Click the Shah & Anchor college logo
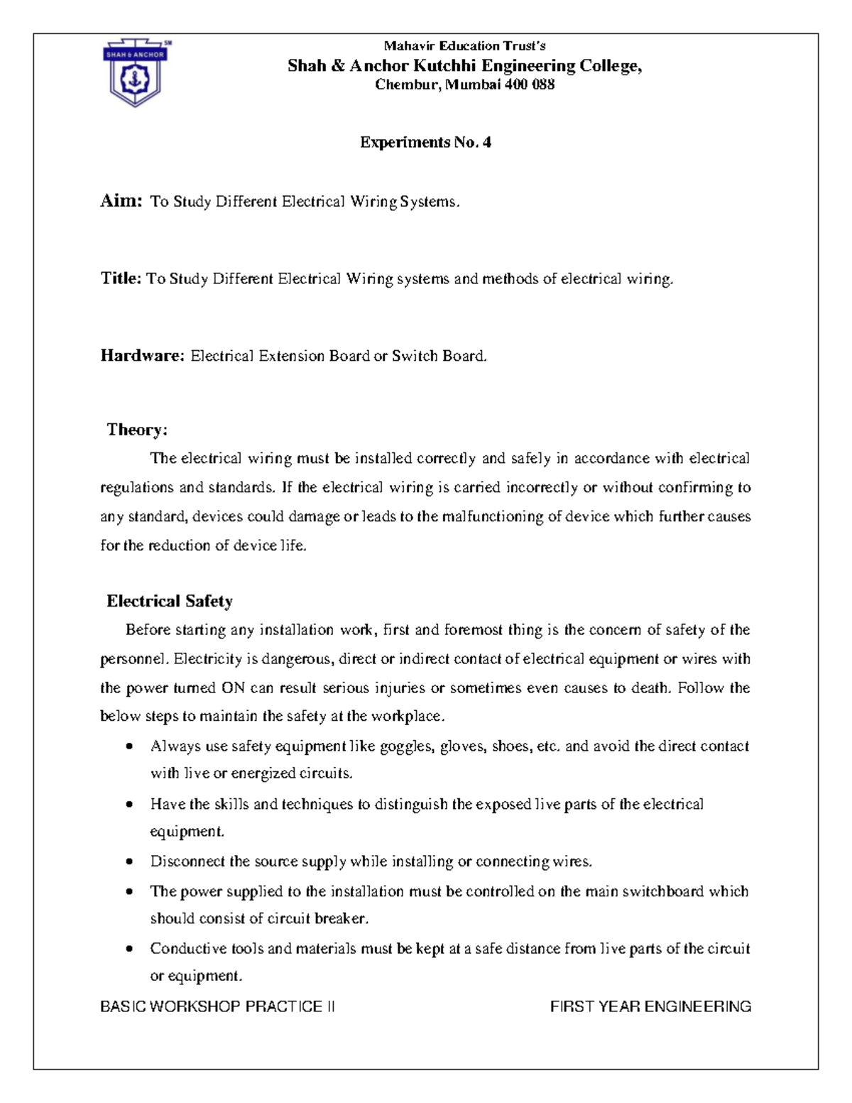click(x=135, y=72)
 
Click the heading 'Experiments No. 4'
click(x=425, y=142)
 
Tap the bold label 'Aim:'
click(x=122, y=201)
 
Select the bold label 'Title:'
click(x=121, y=278)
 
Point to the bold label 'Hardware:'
click(x=142, y=356)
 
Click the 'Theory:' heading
click(x=137, y=430)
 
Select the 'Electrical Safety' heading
click(x=169, y=602)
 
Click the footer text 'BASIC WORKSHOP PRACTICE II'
click(x=217, y=1006)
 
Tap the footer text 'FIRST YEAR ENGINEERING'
click(x=650, y=1006)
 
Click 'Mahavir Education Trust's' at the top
click(x=464, y=46)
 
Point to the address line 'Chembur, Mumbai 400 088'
click(x=464, y=85)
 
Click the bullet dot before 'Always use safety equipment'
click(x=129, y=747)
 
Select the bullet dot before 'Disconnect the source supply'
click(x=129, y=862)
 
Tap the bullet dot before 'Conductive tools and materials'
click(x=129, y=950)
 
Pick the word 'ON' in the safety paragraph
click(x=233, y=688)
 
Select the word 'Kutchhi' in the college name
click(x=445, y=66)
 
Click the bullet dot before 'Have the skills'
click(x=129, y=805)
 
